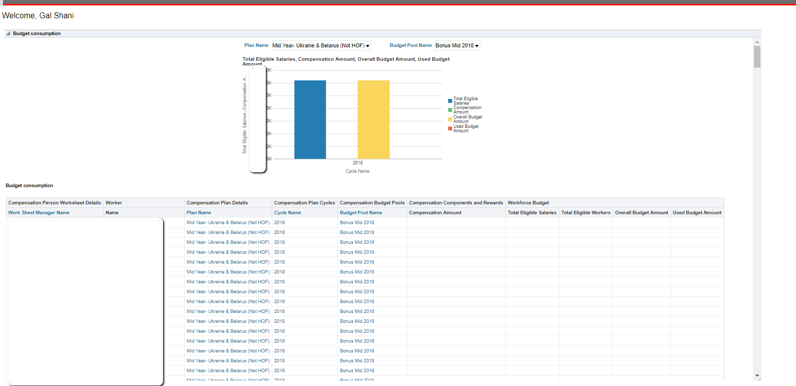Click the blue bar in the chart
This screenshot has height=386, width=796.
(x=310, y=119)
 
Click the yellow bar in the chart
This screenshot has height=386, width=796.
(x=373, y=119)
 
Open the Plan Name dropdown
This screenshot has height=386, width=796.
(x=321, y=45)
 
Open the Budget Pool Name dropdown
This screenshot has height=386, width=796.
(x=457, y=45)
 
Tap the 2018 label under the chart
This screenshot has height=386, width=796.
(x=358, y=163)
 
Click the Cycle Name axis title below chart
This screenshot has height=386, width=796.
(x=357, y=171)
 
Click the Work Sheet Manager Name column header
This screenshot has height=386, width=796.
(x=39, y=213)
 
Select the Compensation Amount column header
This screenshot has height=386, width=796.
(x=435, y=213)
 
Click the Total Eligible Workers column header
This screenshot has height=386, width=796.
(x=586, y=213)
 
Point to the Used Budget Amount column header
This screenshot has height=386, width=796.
(x=697, y=213)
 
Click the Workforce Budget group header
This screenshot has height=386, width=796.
(x=528, y=203)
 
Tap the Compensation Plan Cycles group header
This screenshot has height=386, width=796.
(x=304, y=203)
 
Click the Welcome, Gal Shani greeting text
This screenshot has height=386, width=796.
(x=38, y=16)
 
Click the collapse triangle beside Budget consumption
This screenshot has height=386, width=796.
(x=8, y=34)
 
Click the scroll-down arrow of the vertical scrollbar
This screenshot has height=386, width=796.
(x=757, y=376)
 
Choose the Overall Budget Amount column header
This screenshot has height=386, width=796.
(x=641, y=213)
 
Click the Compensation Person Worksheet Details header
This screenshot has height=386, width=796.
(x=54, y=203)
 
